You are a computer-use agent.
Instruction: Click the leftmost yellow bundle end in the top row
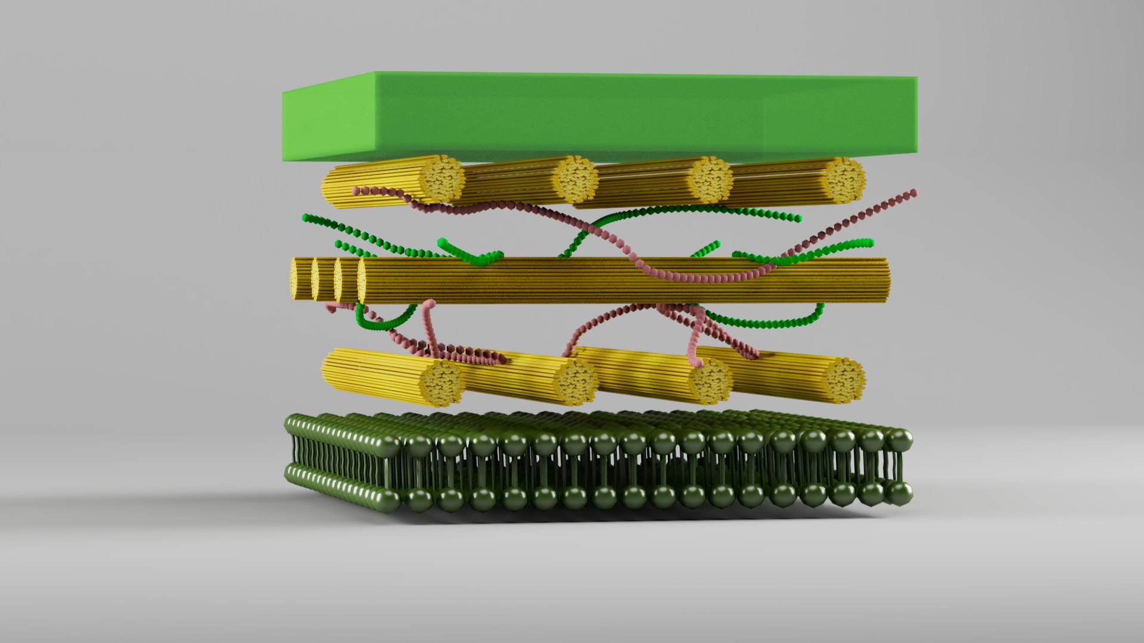pos(443,177)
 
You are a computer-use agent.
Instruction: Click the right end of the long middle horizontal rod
pos(887,280)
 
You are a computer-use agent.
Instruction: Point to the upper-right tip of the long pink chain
pos(914,192)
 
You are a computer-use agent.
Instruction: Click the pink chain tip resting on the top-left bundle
pos(356,191)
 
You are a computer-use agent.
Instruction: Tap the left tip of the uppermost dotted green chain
pos(305,217)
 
